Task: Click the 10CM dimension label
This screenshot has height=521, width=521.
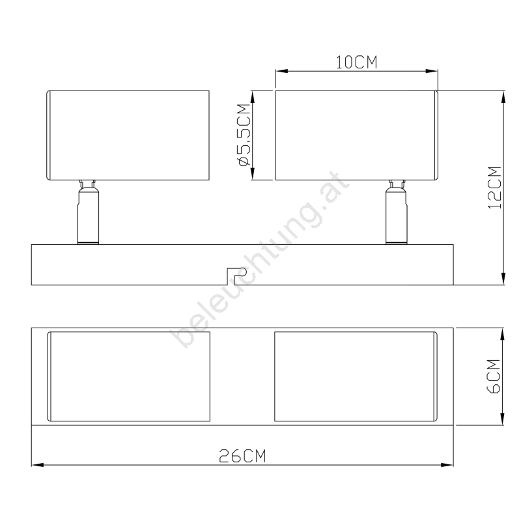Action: [356, 63]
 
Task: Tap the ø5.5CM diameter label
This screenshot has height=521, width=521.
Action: [244, 135]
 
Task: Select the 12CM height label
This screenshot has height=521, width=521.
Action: [494, 188]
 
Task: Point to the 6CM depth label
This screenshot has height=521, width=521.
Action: [494, 376]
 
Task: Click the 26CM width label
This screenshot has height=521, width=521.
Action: [242, 456]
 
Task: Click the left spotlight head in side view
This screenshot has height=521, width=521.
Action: [128, 135]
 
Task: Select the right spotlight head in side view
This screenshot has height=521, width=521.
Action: [356, 135]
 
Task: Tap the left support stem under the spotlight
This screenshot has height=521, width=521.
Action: [88, 212]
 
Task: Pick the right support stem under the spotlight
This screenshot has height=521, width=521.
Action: [397, 212]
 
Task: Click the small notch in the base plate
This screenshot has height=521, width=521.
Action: [236, 275]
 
